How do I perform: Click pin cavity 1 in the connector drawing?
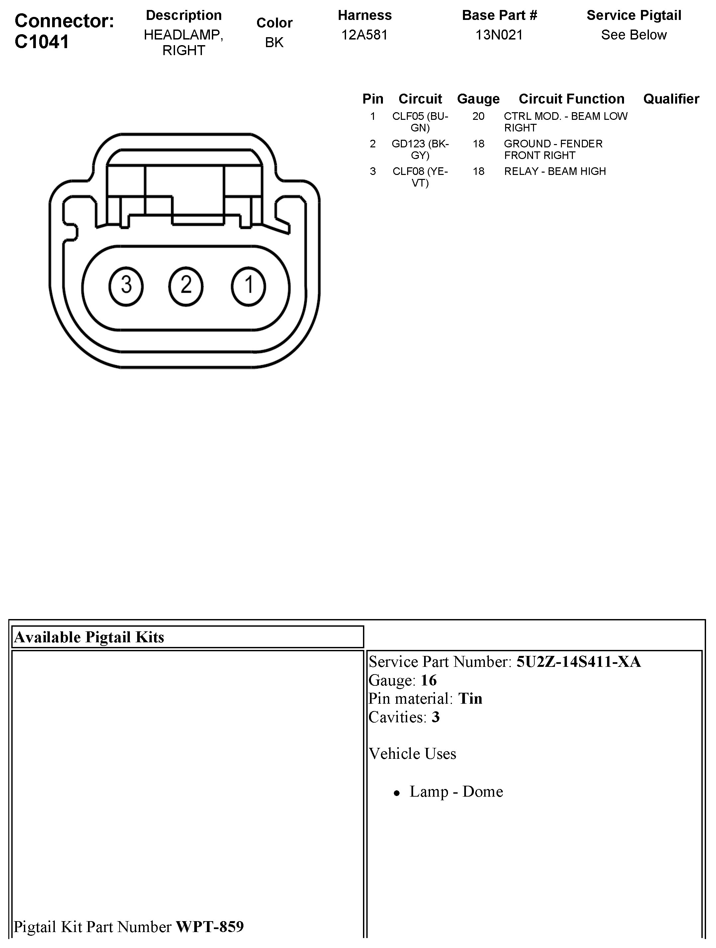[x=248, y=286]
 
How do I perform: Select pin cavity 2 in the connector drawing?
[x=186, y=286]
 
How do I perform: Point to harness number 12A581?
[x=364, y=35]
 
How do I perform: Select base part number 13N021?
[x=499, y=35]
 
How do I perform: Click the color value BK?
[x=274, y=42]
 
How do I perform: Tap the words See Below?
[x=634, y=35]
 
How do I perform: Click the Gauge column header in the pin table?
[x=478, y=99]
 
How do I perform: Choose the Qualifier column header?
[x=671, y=99]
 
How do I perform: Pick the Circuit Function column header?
[x=571, y=99]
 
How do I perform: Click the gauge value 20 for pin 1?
[x=478, y=116]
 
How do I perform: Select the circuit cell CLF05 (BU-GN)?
[x=420, y=122]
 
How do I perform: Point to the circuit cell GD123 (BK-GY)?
[x=420, y=149]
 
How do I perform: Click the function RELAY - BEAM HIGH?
[x=555, y=171]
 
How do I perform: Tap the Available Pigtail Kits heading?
[x=89, y=637]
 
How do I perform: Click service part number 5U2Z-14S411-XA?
[x=579, y=662]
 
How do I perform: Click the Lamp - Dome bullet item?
[x=456, y=792]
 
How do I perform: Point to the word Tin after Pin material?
[x=470, y=699]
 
